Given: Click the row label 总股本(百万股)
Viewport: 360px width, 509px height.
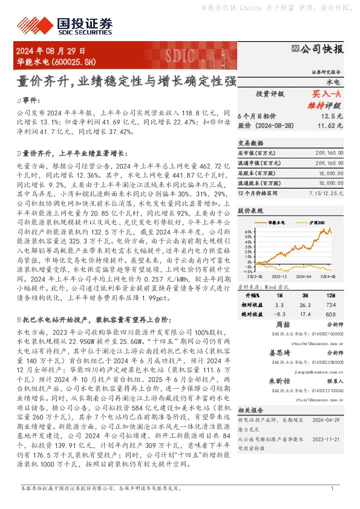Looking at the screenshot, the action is [258, 172].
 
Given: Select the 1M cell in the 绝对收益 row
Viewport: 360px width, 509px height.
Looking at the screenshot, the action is [279, 315].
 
